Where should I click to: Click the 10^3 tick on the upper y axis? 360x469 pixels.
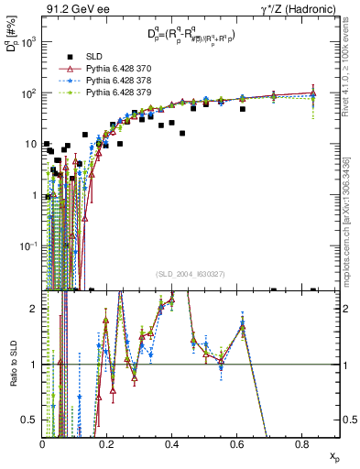pyautogui.click(x=29, y=43)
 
